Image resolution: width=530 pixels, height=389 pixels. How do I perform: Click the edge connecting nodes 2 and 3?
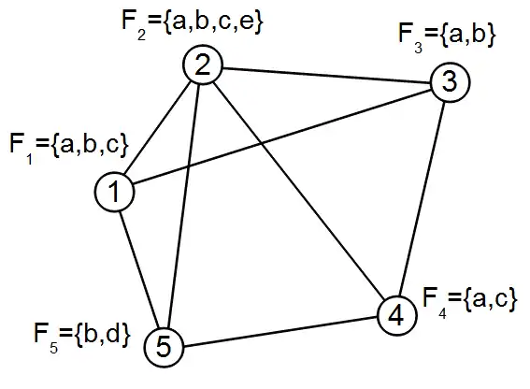(326, 76)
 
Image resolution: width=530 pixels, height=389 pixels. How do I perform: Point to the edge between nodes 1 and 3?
(282, 137)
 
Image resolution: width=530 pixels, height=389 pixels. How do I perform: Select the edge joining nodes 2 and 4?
(299, 191)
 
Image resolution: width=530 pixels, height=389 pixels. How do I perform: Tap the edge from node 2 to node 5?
(183, 206)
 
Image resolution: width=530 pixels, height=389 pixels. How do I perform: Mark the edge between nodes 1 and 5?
(139, 269)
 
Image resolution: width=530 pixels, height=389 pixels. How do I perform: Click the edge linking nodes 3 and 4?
(423, 199)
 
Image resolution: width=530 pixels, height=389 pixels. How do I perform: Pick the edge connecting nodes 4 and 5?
(280, 332)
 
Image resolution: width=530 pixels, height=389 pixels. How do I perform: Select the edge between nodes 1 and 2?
(159, 128)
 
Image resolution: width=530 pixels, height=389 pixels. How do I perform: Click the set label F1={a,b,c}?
(69, 147)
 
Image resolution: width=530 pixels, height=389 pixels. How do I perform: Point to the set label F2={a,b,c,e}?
(192, 23)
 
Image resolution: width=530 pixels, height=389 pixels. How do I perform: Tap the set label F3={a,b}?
(447, 36)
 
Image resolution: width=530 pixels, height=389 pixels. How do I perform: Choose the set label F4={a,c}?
(470, 302)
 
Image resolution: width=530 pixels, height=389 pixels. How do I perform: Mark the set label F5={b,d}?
(82, 336)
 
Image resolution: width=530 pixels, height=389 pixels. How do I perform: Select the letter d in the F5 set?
(112, 333)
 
